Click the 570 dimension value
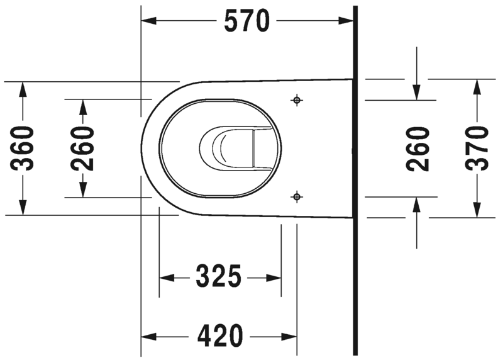[x=246, y=21]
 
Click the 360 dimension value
[x=24, y=148]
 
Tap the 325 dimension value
[x=219, y=277]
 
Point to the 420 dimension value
[x=220, y=335]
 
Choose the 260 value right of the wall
[x=418, y=148]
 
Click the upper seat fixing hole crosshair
[x=297, y=100]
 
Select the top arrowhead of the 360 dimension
[x=23, y=89]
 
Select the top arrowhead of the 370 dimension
[x=477, y=87]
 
